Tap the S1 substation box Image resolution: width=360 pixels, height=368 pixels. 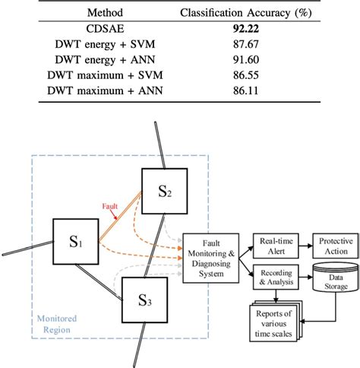pos(77,244)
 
